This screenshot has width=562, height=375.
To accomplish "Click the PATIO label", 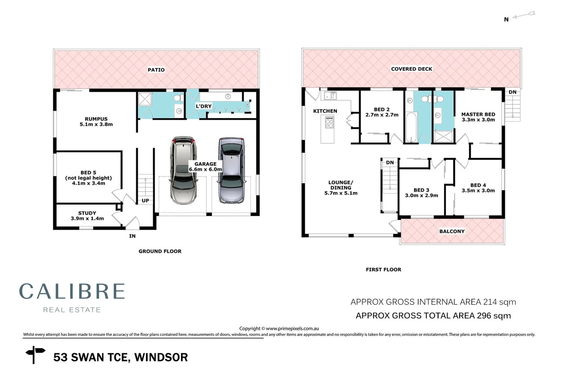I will pyautogui.click(x=156, y=70).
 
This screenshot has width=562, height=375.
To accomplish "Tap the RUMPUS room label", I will pyautogui.click(x=96, y=119).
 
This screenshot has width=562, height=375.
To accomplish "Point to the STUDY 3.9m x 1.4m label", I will pyautogui.click(x=87, y=216).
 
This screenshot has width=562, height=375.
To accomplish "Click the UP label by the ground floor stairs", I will pyautogui.click(x=145, y=201).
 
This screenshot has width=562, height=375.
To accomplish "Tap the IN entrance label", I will pyautogui.click(x=132, y=236).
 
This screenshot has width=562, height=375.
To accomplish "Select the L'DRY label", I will pyautogui.click(x=204, y=106).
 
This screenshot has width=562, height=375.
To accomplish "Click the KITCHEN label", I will pyautogui.click(x=325, y=111).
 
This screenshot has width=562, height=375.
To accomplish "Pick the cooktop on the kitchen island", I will pyautogui.click(x=329, y=123).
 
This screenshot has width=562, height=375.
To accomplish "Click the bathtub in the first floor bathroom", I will pyautogui.click(x=411, y=127).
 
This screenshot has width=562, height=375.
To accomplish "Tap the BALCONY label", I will pyautogui.click(x=452, y=231).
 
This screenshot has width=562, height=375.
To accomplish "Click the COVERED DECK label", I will pyautogui.click(x=411, y=69).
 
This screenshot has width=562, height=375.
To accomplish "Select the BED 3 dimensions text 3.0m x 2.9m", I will pyautogui.click(x=421, y=195).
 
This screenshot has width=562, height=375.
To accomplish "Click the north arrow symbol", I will pyautogui.click(x=524, y=15).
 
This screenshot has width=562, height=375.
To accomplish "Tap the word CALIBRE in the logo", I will pyautogui.click(x=72, y=291).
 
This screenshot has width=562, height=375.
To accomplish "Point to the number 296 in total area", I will pyautogui.click(x=484, y=316).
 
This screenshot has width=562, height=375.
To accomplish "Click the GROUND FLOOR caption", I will pyautogui.click(x=160, y=251).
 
